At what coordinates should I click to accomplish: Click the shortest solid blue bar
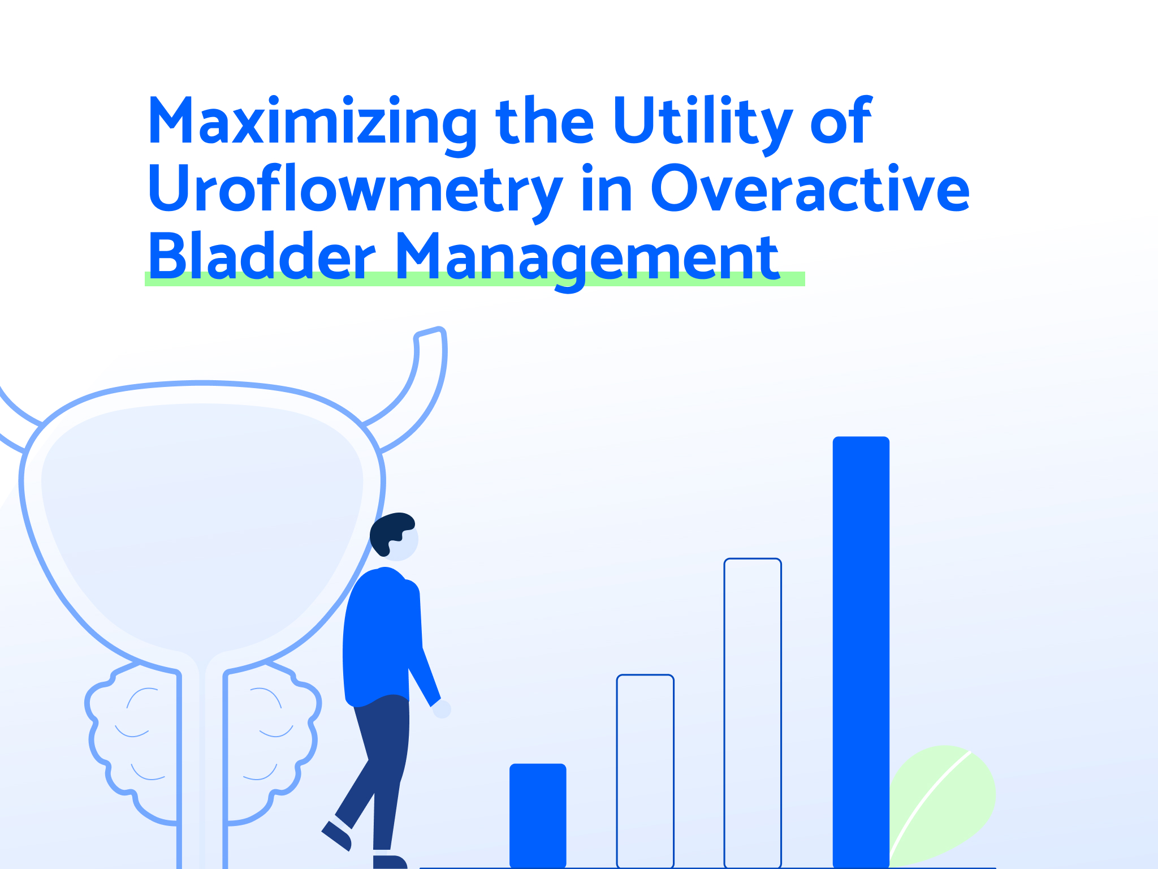pyautogui.click(x=538, y=815)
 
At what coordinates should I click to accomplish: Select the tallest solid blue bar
pyautogui.click(x=861, y=652)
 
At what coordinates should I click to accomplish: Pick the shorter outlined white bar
pyautogui.click(x=645, y=771)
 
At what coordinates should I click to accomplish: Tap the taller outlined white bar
pyautogui.click(x=753, y=713)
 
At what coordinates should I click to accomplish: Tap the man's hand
pyautogui.click(x=442, y=709)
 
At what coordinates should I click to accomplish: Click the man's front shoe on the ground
pyautogui.click(x=390, y=862)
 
